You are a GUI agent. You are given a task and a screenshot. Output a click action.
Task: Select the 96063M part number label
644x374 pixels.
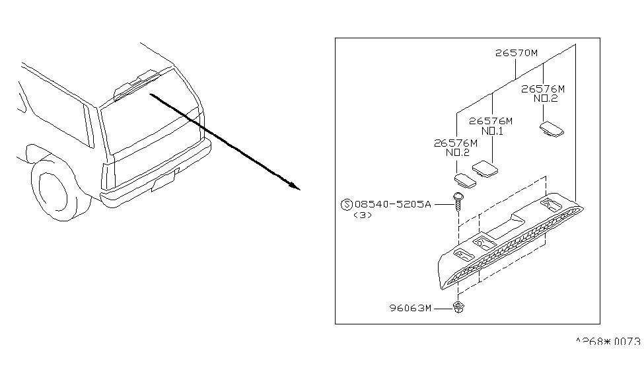[410, 307]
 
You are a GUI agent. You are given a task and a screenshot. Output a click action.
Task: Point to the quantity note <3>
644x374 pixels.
[363, 215]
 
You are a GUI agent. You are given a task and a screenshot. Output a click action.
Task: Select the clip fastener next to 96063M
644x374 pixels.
[458, 307]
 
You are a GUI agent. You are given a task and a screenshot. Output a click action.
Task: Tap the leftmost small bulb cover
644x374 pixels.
[464, 180]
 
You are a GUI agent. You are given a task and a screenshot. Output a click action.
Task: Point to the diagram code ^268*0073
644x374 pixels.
[608, 342]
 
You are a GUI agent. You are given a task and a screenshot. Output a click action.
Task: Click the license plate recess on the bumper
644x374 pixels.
[164, 181]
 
